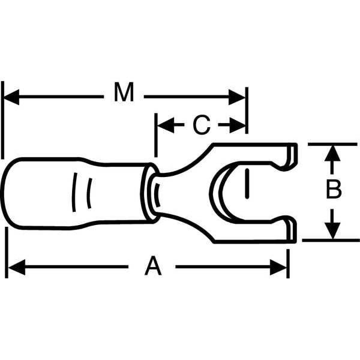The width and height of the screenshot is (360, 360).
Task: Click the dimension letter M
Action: pos(124,92)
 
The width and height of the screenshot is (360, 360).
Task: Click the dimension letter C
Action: pos(202,125)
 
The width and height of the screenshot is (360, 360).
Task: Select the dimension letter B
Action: pos(334,190)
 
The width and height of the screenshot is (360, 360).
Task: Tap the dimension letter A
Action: pos(153,266)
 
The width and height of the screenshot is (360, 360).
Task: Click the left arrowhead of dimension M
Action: pos(11,97)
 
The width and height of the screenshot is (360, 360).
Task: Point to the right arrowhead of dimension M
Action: pos(237,97)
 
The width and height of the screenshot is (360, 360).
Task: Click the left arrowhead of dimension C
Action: pos(166,125)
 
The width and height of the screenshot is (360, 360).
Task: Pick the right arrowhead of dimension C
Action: pos(238,125)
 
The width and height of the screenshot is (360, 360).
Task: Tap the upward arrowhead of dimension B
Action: pos(332,153)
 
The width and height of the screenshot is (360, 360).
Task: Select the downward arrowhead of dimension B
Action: pos(332,230)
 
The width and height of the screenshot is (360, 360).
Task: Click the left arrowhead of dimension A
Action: pos(17,267)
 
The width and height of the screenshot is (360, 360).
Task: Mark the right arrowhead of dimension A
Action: pos(278,267)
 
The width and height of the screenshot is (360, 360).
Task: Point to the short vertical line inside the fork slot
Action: pos(247,184)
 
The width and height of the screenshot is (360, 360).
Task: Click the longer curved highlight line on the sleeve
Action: pos(74,193)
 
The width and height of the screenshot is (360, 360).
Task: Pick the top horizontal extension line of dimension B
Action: pos(332,144)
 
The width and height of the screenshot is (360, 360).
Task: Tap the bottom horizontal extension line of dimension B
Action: pos(331,240)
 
